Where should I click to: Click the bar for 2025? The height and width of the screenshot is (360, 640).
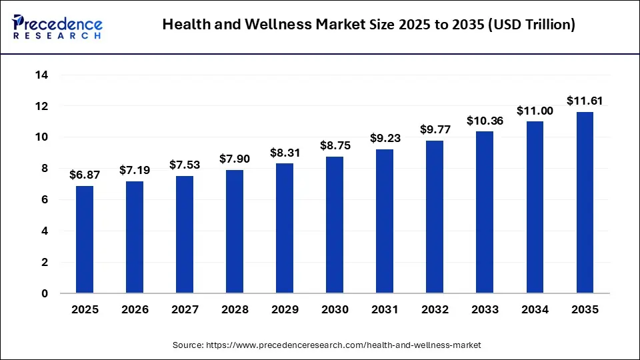click(85, 239)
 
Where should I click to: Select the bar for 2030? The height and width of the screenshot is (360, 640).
click(335, 225)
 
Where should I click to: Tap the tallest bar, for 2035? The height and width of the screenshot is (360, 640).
click(585, 203)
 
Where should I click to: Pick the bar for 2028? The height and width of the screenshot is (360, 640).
click(235, 231)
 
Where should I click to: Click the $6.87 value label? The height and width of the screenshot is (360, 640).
click(85, 175)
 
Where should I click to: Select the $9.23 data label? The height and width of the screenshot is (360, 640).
click(385, 138)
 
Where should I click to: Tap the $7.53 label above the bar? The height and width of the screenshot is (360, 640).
click(185, 165)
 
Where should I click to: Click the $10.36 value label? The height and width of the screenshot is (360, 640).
click(485, 121)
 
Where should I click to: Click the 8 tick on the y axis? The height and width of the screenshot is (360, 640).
click(45, 169)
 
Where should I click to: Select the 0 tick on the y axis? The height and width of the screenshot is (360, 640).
click(45, 293)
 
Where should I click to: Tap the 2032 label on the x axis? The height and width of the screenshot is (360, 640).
click(435, 310)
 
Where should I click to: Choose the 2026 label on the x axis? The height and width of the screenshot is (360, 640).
click(135, 310)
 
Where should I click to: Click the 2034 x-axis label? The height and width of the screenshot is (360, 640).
click(535, 310)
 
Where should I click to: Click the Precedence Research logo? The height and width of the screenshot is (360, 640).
click(57, 25)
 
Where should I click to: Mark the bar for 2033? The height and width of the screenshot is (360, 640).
click(485, 212)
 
